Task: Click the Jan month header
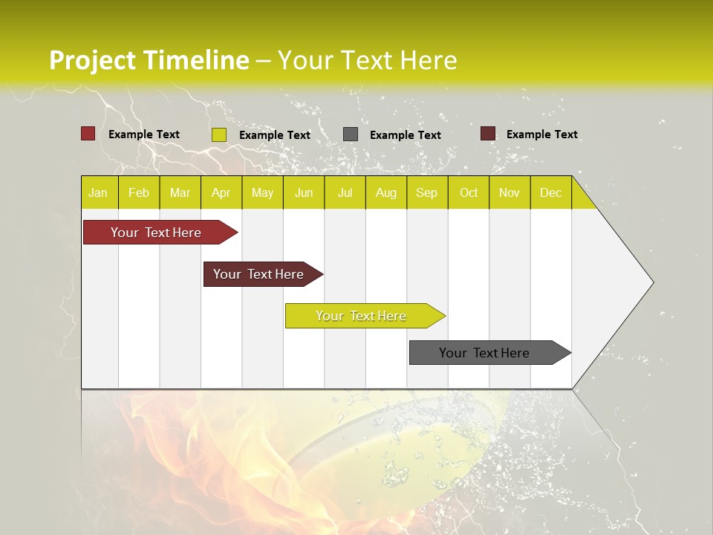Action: pyautogui.click(x=98, y=192)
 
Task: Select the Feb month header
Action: pyautogui.click(x=139, y=192)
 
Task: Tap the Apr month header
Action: pyautogui.click(x=221, y=192)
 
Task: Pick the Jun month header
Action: pyautogui.click(x=304, y=192)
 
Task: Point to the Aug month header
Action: pyautogui.click(x=385, y=192)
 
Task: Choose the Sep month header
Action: pyautogui.click(x=426, y=192)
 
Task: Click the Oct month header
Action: pyautogui.click(x=469, y=192)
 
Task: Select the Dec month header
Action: pyautogui.click(x=550, y=192)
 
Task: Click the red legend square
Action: pyautogui.click(x=88, y=134)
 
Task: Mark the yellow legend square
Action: pyautogui.click(x=219, y=134)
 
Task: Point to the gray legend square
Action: pyautogui.click(x=351, y=134)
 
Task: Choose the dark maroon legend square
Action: pyautogui.click(x=487, y=134)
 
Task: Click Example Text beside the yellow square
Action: pyautogui.click(x=275, y=135)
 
